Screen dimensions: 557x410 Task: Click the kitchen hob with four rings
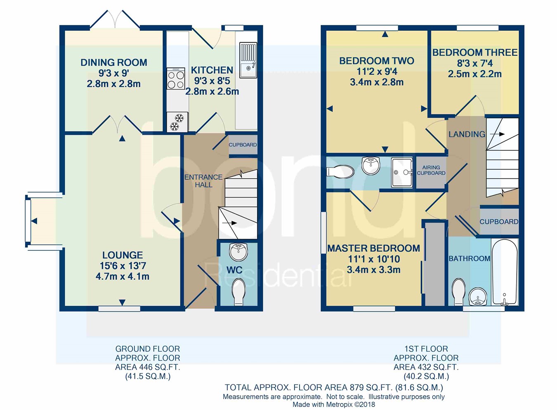tap(176, 78)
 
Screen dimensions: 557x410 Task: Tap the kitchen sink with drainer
tap(248, 60)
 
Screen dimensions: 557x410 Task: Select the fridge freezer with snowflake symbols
tap(177, 122)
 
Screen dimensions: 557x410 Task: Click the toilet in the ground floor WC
tap(238, 291)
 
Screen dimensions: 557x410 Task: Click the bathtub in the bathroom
tap(505, 272)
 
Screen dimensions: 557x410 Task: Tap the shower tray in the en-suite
tap(402, 172)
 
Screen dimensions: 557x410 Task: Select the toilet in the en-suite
tap(340, 171)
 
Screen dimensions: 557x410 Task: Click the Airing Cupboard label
tap(431, 170)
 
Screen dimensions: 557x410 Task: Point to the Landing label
tap(467, 134)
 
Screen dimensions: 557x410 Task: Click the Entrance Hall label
tap(203, 181)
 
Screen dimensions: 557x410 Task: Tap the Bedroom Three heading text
tap(475, 52)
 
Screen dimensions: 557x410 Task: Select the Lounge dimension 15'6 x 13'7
tap(123, 266)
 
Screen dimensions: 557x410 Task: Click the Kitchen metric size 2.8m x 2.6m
tap(212, 91)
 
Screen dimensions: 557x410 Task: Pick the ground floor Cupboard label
tap(243, 145)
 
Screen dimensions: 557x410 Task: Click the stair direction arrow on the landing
tap(497, 134)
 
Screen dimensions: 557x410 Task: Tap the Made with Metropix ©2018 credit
tap(333, 405)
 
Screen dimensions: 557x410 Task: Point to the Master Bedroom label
tap(373, 248)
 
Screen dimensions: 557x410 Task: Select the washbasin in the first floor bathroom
tap(478, 297)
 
